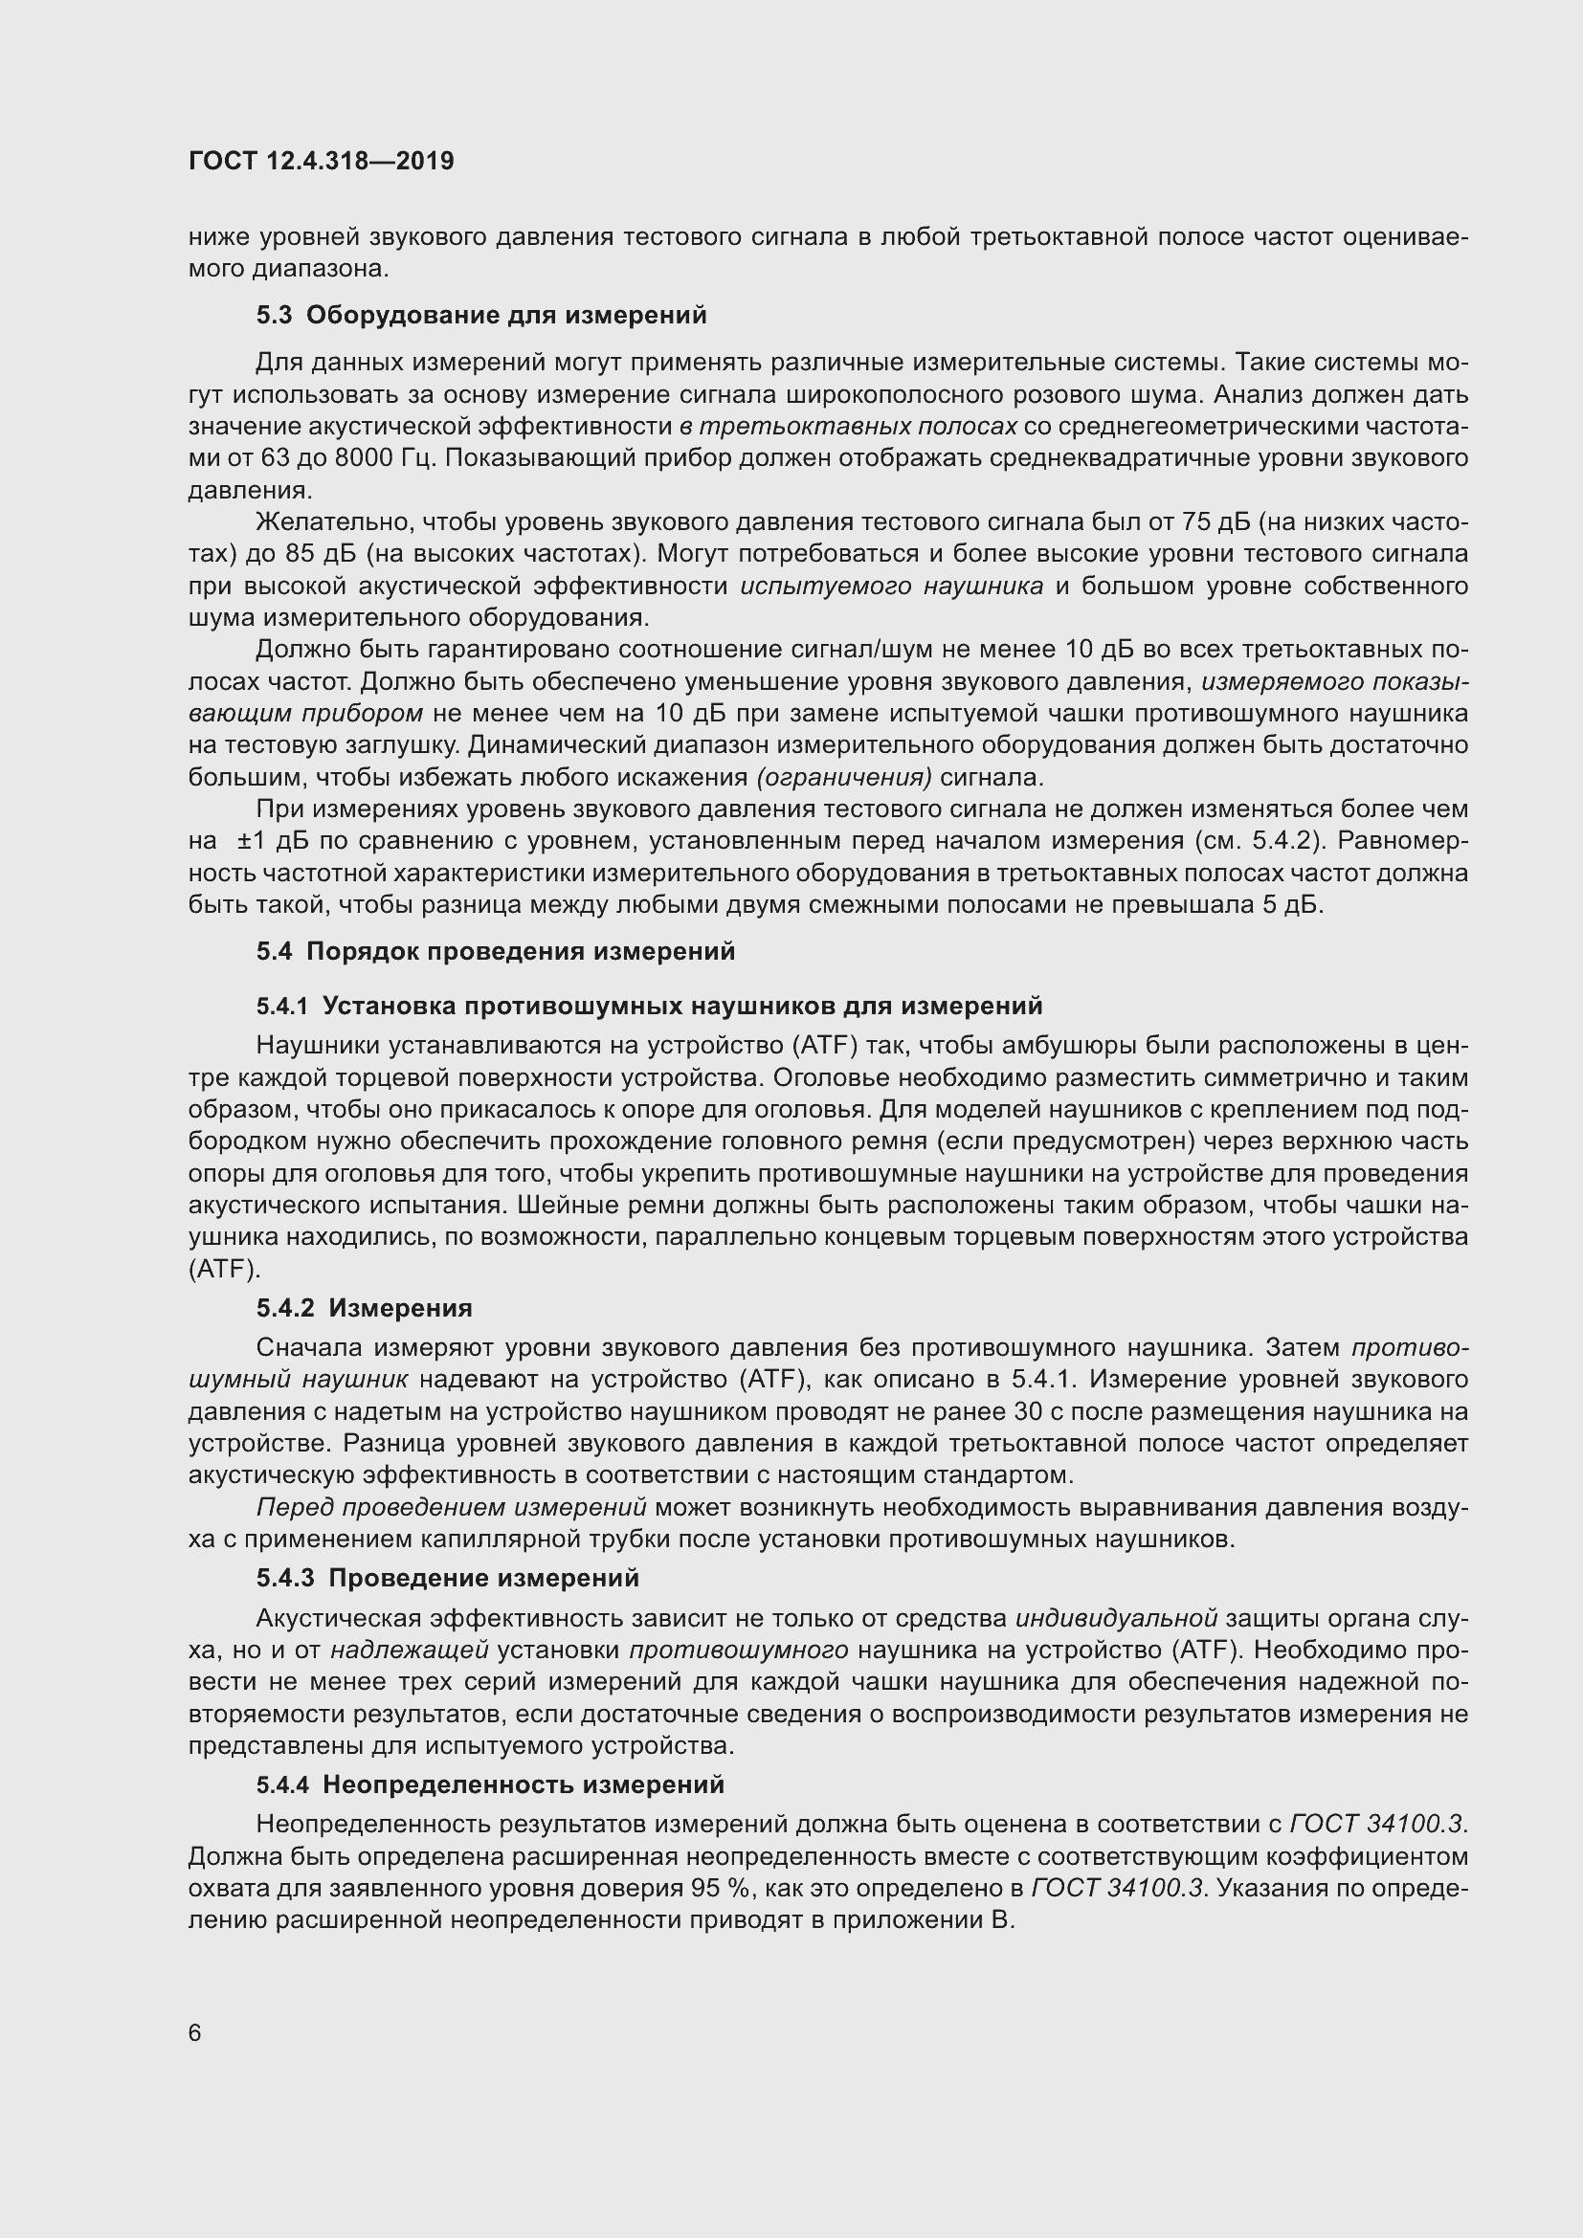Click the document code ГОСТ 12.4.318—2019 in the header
tap(321, 162)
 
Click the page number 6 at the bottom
tap(195, 2032)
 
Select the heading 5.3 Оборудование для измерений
tap(481, 315)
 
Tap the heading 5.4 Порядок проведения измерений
tap(495, 951)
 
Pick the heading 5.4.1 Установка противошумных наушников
tap(649, 1005)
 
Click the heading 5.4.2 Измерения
tap(365, 1307)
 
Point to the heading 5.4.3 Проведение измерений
tap(447, 1577)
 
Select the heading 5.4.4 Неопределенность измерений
tap(490, 1784)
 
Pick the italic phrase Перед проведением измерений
tap(451, 1508)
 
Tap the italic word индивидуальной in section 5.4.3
tap(1116, 1618)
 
